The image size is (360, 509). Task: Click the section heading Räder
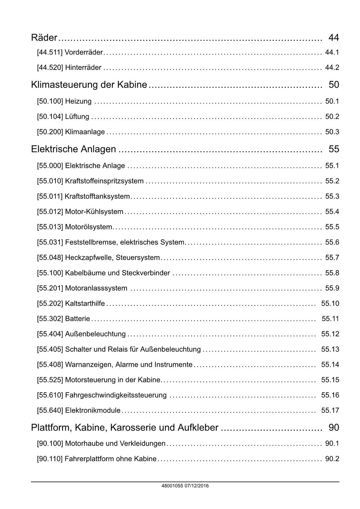point(44,37)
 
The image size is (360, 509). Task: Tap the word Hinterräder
point(83,68)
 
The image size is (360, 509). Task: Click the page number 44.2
point(332,68)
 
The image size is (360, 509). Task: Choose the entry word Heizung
point(78,101)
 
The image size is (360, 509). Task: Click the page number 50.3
point(332,132)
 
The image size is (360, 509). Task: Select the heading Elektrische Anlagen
point(73,149)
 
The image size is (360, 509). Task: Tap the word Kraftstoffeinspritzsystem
point(104,181)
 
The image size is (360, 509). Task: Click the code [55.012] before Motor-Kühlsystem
point(50,212)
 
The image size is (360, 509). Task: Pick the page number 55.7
point(332,258)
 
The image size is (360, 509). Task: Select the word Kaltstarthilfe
point(85,304)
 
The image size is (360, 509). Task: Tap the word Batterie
point(78,319)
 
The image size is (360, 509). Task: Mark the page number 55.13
point(330,349)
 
